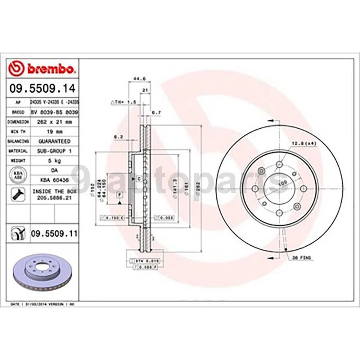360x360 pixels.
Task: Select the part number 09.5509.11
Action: point(54,234)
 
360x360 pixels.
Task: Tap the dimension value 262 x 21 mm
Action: point(54,122)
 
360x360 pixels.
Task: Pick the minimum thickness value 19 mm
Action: point(54,132)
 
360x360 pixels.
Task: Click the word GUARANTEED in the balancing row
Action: point(54,141)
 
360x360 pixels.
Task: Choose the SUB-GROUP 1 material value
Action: point(54,151)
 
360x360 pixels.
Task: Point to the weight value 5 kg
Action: point(54,160)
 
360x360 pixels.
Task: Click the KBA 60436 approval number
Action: point(54,180)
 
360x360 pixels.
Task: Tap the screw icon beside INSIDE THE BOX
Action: point(18,194)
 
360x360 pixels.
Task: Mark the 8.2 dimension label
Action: point(119,137)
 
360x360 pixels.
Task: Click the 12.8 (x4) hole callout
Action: point(302,143)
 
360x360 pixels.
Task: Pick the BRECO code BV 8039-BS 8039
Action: point(54,112)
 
